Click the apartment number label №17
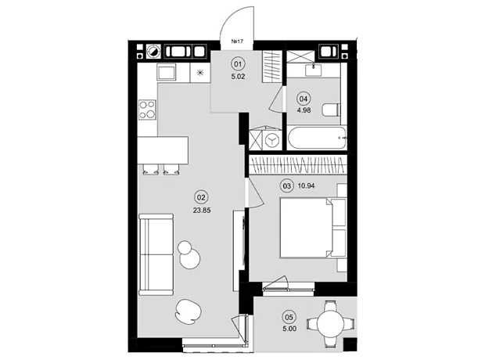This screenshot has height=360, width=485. pyautogui.click(x=236, y=41)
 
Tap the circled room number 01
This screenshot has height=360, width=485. pyautogui.click(x=238, y=64)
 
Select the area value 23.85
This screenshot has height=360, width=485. pyautogui.click(x=202, y=211)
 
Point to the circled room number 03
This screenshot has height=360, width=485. pyautogui.click(x=287, y=186)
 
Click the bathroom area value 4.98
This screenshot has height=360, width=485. pyautogui.click(x=304, y=110)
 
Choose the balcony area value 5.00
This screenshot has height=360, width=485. pyautogui.click(x=289, y=329)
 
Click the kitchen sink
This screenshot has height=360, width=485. pyautogui.click(x=167, y=73)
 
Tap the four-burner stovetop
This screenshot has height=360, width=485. pyautogui.click(x=147, y=110)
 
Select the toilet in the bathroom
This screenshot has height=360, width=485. pyautogui.click(x=331, y=110)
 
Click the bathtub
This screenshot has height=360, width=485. pyautogui.click(x=317, y=138)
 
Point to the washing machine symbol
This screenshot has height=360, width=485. pyautogui.click(x=272, y=140)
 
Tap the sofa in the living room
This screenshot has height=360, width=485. pyautogui.click(x=156, y=254)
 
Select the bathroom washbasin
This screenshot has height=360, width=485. pyautogui.click(x=314, y=70)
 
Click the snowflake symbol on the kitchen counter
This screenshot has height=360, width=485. pyautogui.click(x=200, y=73)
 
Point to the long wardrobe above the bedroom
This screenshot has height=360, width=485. pyautogui.click(x=298, y=165)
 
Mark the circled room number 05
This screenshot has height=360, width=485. pyautogui.click(x=289, y=317)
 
